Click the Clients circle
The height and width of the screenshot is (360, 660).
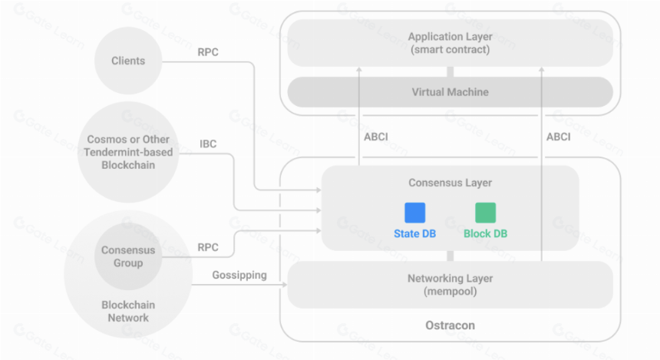(128, 61)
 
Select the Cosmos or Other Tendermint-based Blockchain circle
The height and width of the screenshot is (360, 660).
(128, 152)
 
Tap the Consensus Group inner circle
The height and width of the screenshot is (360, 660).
(128, 256)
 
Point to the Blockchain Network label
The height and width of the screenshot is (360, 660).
(128, 311)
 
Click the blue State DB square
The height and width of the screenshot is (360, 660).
(414, 213)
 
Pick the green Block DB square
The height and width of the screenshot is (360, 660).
(485, 213)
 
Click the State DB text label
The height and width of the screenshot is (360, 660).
(414, 233)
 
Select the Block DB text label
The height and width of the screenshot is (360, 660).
(485, 233)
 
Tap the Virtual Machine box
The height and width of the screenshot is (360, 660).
(450, 92)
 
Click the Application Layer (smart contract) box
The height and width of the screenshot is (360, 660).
(450, 43)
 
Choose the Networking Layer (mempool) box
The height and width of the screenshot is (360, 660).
(450, 285)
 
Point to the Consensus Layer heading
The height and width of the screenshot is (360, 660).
(450, 183)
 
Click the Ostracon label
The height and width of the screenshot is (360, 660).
(450, 325)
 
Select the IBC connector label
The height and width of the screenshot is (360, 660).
(208, 144)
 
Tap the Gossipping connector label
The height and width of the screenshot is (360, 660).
(239, 276)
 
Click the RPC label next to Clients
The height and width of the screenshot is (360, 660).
(208, 52)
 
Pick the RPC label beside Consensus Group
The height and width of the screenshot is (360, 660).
(208, 247)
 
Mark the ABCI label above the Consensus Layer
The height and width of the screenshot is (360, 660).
(376, 137)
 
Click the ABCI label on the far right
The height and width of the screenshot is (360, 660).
(559, 137)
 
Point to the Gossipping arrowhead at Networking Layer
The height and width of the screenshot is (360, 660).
(285, 285)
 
